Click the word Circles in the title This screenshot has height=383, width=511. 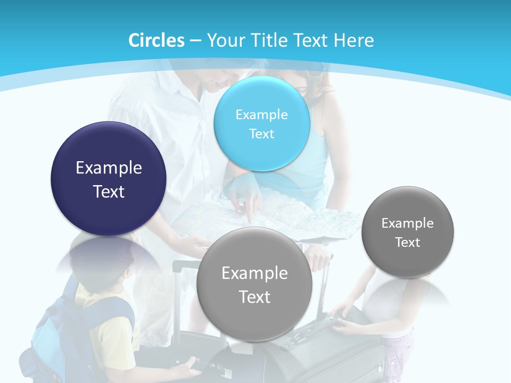156,40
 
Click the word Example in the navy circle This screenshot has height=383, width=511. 109,168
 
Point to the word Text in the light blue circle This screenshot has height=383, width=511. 261,134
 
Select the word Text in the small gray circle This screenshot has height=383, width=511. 408,243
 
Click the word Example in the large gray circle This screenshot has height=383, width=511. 254,273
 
